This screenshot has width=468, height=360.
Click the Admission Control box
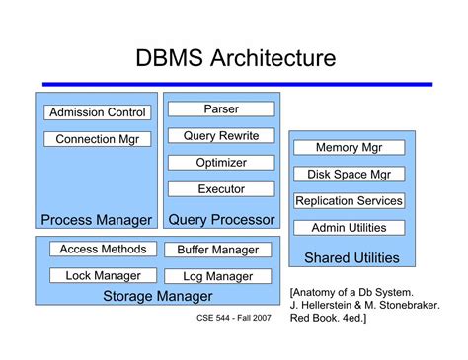click(x=98, y=112)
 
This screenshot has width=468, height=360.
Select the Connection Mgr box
click(x=98, y=139)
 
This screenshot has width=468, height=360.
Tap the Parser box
click(x=221, y=108)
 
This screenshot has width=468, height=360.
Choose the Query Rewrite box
click(x=221, y=135)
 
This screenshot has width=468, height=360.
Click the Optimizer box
click(x=221, y=162)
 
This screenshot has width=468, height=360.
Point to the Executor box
click(x=221, y=188)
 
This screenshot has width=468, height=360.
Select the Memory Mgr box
click(x=350, y=147)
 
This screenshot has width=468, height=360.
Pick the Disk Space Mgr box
click(x=350, y=174)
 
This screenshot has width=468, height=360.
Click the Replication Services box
click(x=350, y=200)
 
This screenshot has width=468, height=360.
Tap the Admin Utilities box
click(x=350, y=227)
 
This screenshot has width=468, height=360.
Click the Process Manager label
click(x=97, y=219)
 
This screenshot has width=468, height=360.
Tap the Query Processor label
click(x=221, y=219)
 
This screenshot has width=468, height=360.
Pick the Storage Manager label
click(x=158, y=296)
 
